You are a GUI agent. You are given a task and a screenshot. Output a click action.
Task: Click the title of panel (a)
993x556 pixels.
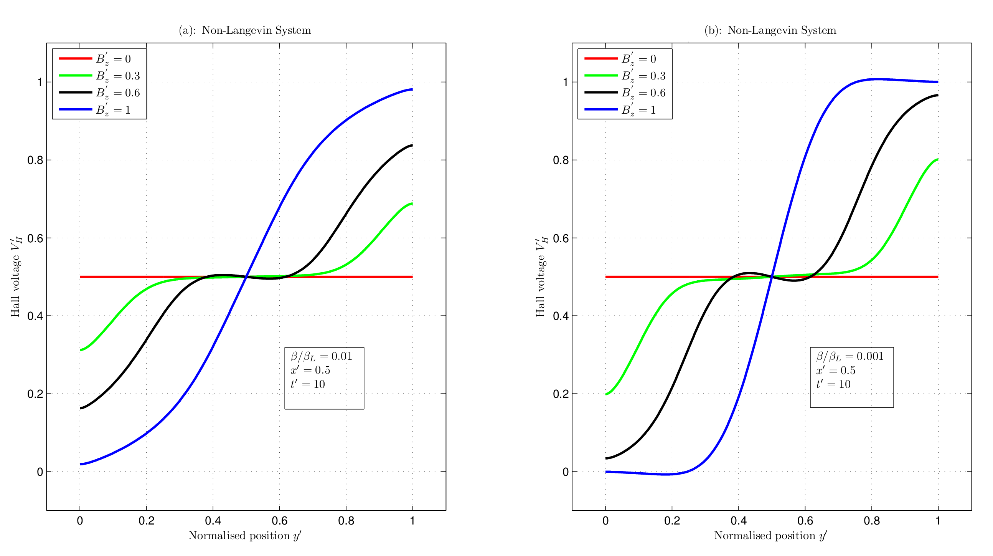coord(245,30)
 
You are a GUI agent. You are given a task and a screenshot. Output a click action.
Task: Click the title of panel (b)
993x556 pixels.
coord(770,30)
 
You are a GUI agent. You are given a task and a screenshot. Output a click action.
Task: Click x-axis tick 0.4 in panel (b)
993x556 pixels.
coord(738,521)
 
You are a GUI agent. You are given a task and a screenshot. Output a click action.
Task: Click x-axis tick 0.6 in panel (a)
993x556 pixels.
coord(279,521)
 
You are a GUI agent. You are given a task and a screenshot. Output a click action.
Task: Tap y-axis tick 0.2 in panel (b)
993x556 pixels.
coord(561,394)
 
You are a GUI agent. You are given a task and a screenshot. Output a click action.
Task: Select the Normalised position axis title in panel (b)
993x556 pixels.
coord(770,536)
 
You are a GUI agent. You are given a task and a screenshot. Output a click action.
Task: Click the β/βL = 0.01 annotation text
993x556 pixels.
coord(322,356)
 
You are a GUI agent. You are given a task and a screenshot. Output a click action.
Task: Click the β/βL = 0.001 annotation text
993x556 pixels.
coord(849,356)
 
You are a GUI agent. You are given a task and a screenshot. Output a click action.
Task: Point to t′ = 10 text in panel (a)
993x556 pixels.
coord(308,384)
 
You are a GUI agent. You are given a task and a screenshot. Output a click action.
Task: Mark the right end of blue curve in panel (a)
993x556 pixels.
coord(412,89)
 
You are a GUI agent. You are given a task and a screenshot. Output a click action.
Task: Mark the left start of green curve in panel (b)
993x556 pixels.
coord(606,394)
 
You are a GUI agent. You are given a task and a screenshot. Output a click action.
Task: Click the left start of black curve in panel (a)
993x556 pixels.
coord(81,408)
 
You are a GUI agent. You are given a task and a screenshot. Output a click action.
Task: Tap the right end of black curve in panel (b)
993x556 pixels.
coord(937,95)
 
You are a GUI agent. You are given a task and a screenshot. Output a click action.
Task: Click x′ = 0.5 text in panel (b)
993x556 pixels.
coord(835,371)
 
